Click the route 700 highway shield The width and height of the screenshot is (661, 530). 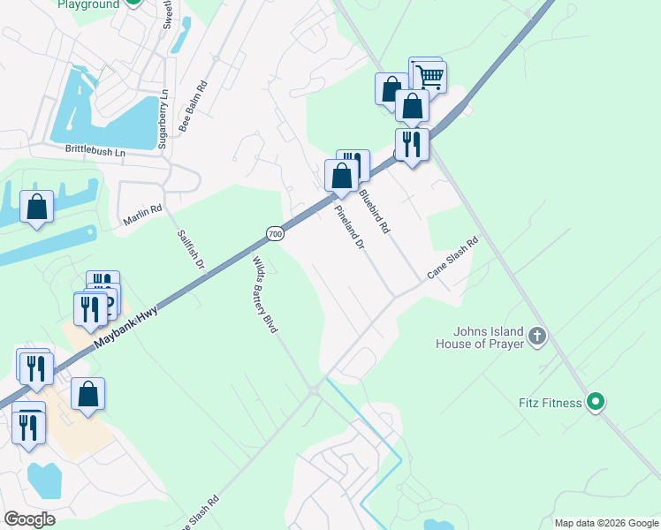click(x=275, y=233)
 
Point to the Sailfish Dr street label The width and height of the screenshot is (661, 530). click(x=190, y=250)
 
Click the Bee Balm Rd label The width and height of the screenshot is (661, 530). click(x=193, y=107)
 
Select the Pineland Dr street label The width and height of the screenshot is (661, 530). click(x=349, y=229)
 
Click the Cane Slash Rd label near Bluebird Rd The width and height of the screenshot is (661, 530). click(x=452, y=258)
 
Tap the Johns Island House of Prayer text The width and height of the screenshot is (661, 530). click(x=480, y=338)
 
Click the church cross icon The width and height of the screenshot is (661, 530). click(x=538, y=336)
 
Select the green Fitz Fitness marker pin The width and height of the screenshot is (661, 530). click(x=596, y=402)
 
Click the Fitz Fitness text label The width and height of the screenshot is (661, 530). click(x=550, y=404)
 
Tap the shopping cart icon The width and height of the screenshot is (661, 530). click(x=429, y=76)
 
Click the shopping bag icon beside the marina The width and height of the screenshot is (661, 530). click(x=37, y=208)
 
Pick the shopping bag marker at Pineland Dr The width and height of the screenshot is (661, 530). click(x=341, y=175)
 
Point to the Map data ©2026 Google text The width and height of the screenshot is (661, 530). click(x=605, y=523)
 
